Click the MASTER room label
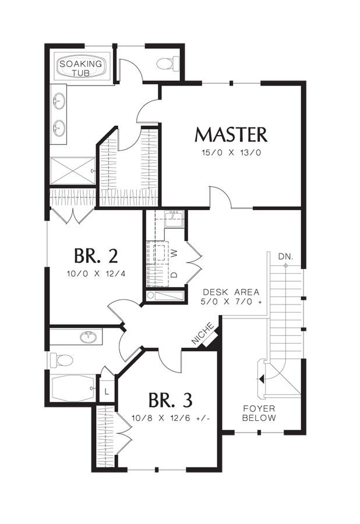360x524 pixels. [x=231, y=134]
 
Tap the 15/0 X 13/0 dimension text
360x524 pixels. [x=231, y=154]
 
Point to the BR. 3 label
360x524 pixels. [x=170, y=400]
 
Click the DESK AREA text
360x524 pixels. [x=231, y=292]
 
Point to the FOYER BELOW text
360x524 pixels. [x=259, y=413]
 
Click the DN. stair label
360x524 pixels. [x=285, y=256]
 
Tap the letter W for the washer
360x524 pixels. [x=174, y=253]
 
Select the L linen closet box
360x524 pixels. [x=107, y=391]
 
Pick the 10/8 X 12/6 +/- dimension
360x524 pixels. [x=170, y=417]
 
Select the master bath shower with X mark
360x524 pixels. [x=71, y=171]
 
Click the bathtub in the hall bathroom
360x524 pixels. [x=73, y=388]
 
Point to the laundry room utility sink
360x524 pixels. [x=173, y=220]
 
